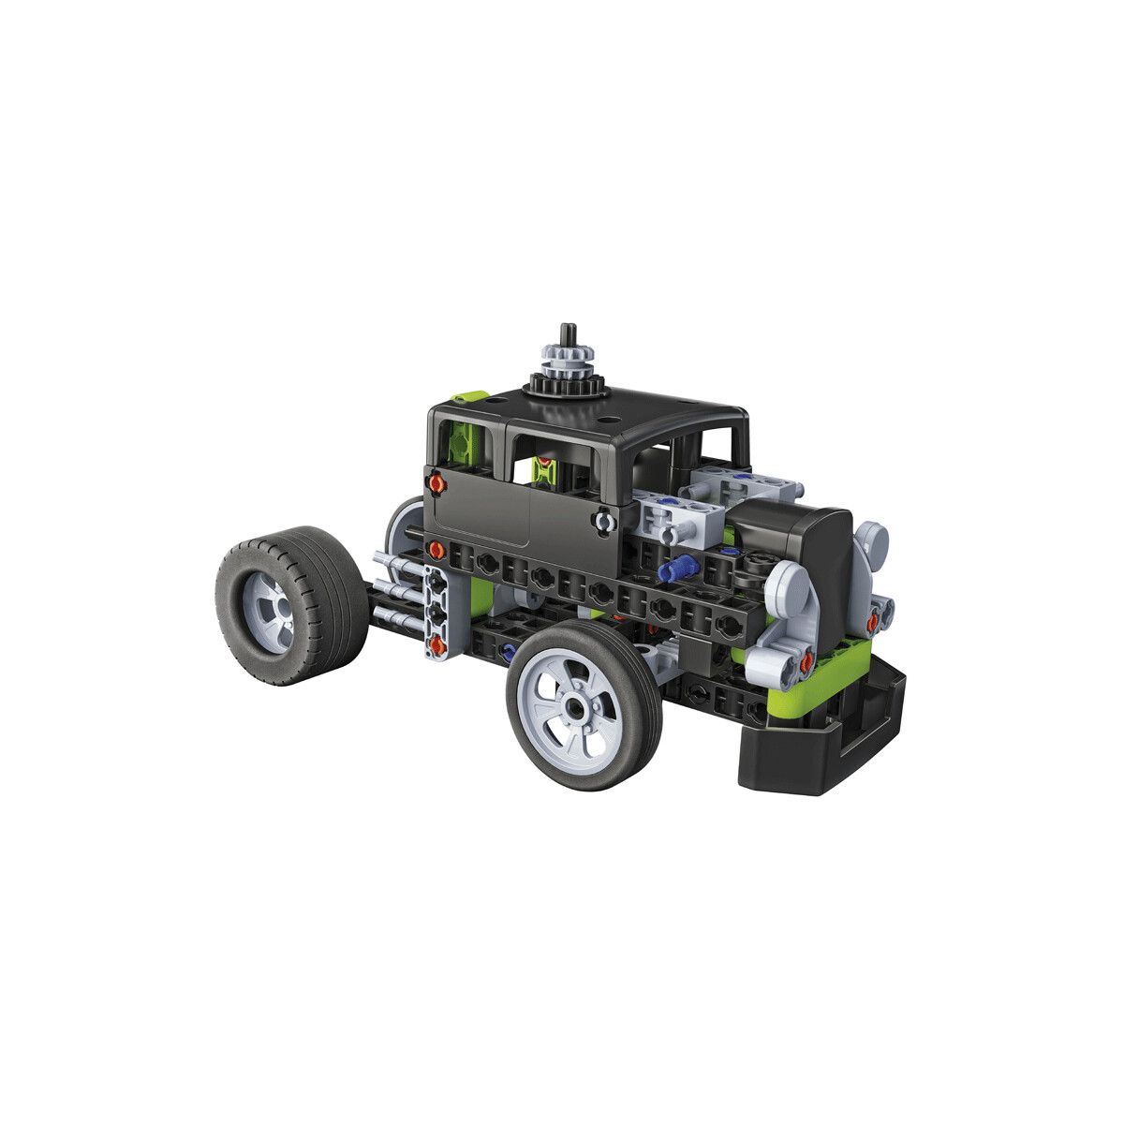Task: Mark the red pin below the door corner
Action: click(x=436, y=548)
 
